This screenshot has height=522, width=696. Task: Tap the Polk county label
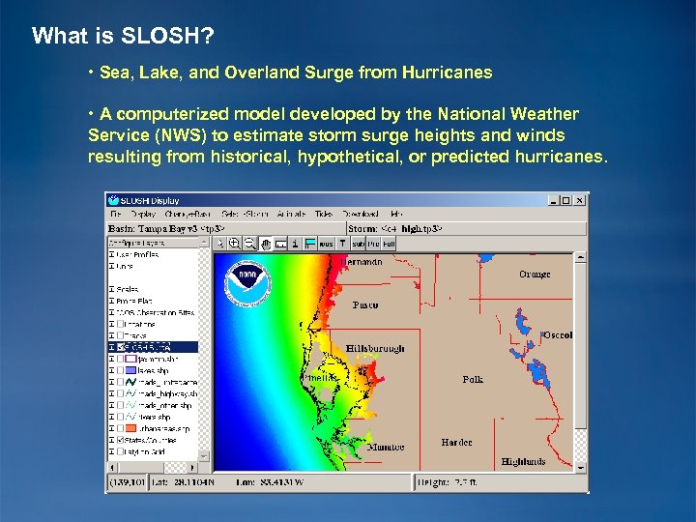pos(473,380)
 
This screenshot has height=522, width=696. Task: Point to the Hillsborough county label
pos(375,348)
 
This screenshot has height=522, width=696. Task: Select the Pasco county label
pos(365,304)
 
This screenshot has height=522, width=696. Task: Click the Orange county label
pos(534,275)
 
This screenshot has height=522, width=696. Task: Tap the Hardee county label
pos(456,442)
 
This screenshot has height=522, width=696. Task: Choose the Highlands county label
pos(523,462)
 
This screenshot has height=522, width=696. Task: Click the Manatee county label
pos(386,448)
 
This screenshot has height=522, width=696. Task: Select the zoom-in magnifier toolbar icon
pos(234,244)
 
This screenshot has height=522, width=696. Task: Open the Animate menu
pos(290,214)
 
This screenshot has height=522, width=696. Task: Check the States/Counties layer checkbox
pos(120,439)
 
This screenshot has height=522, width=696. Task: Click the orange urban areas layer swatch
pos(130,428)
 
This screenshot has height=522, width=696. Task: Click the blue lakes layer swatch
pos(130,369)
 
